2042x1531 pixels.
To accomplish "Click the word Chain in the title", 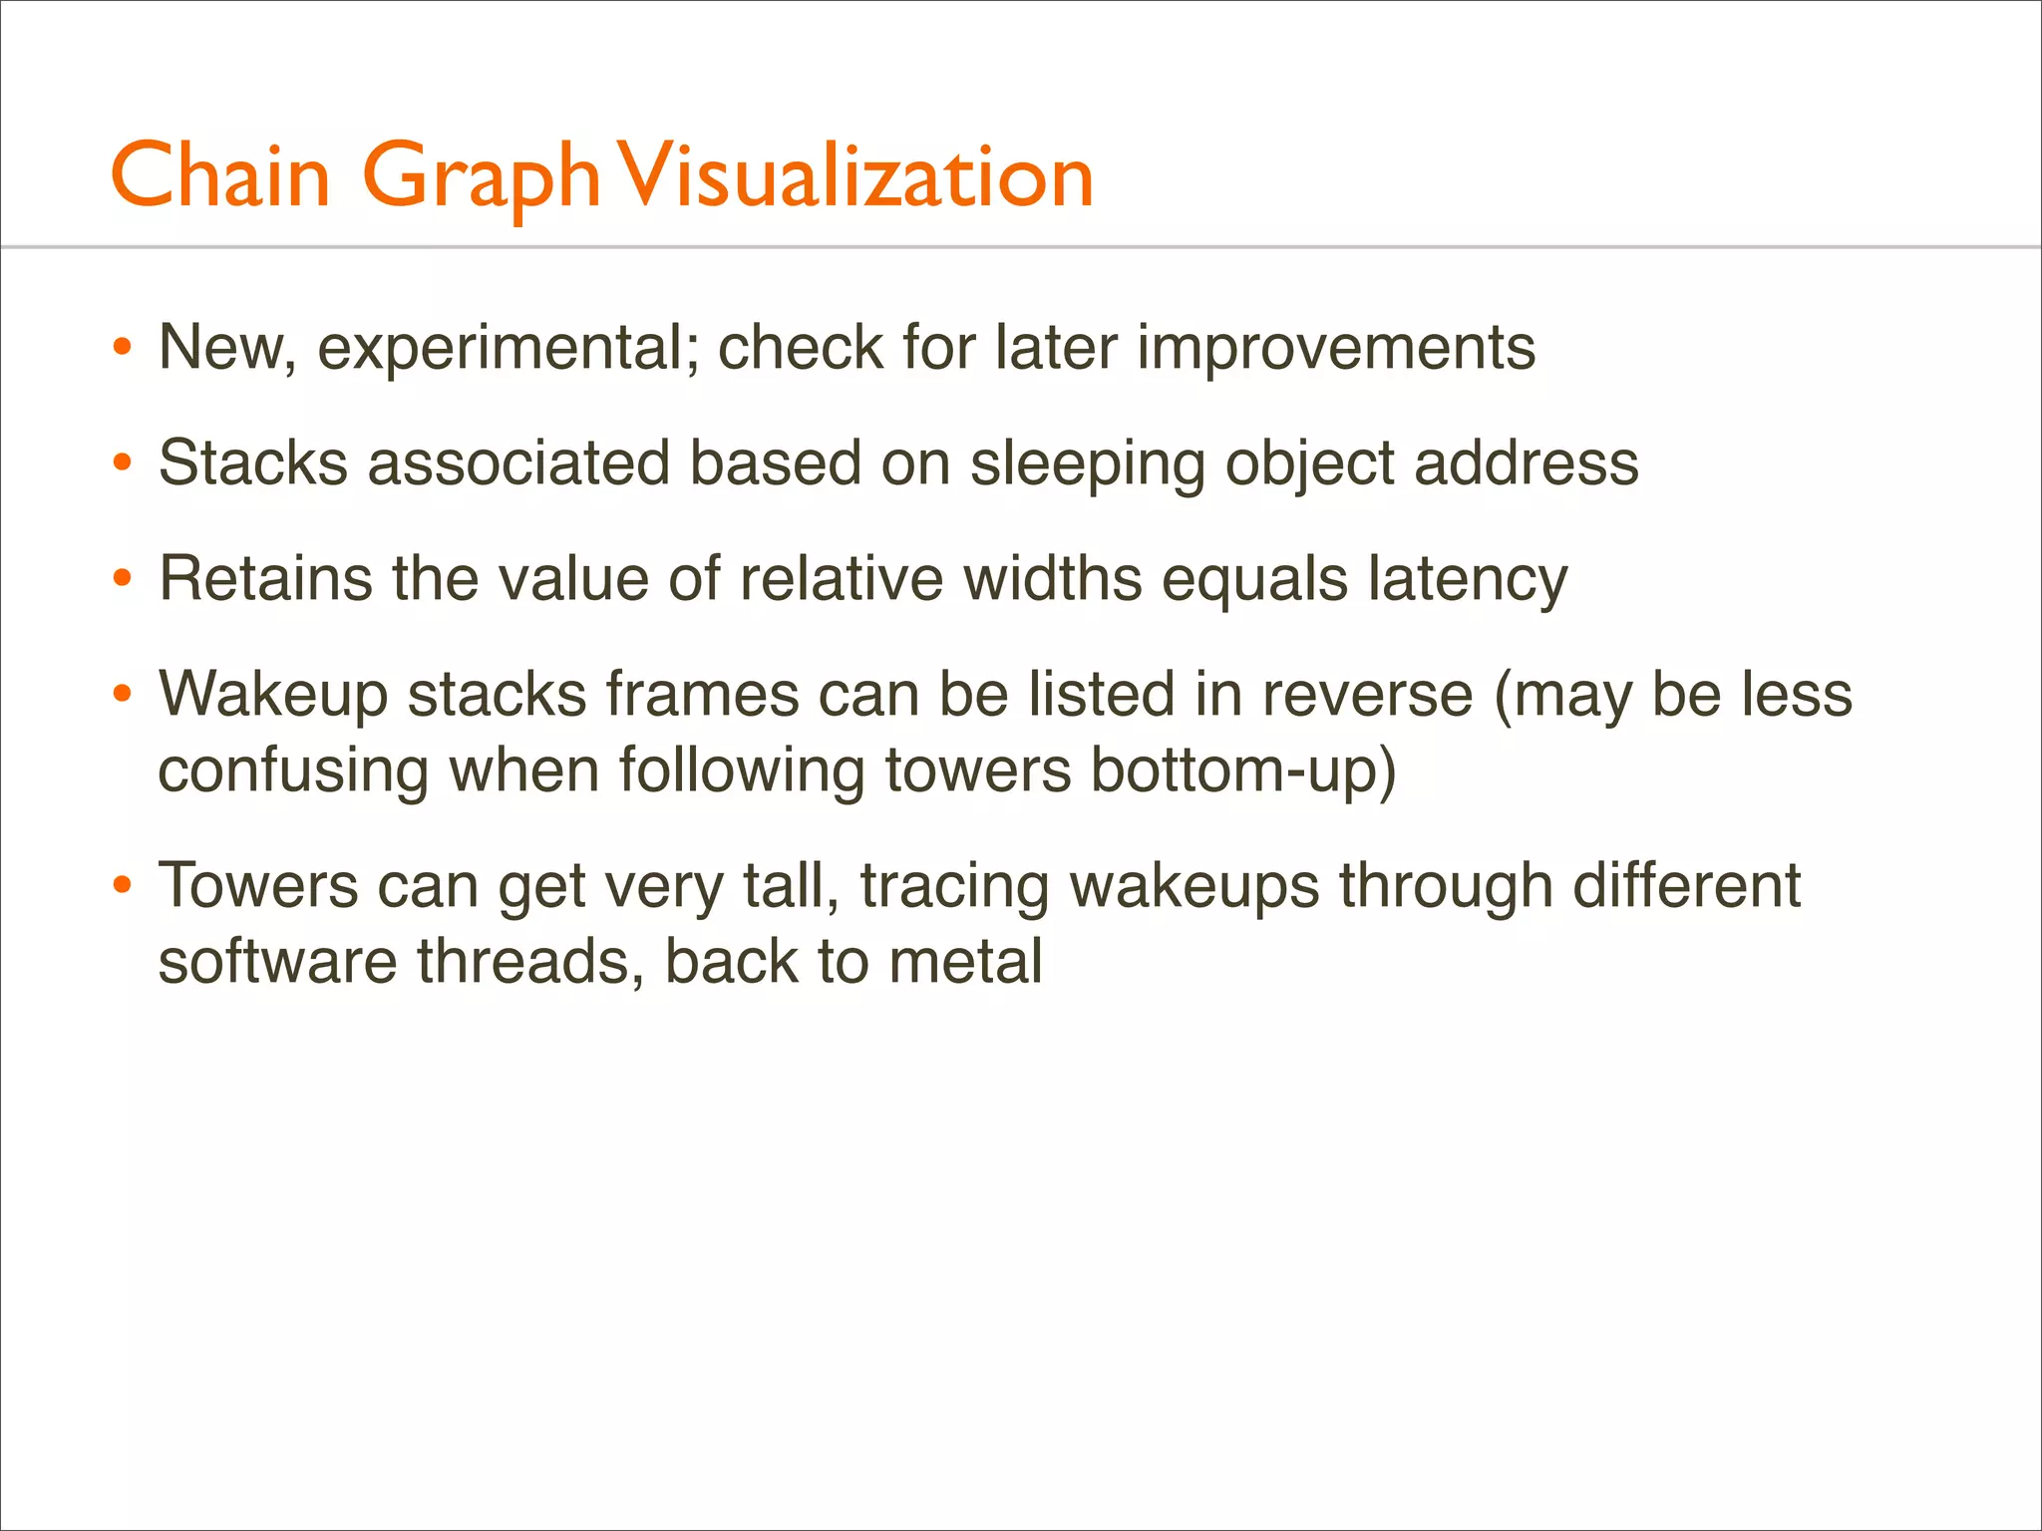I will pos(220,175).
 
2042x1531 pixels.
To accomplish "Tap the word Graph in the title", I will pos(482,177).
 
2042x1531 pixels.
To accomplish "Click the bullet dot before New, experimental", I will pos(123,348).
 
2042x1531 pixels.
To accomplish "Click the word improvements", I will pos(1335,348).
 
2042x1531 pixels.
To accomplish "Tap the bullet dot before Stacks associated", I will pos(123,463).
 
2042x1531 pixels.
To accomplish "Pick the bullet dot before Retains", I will pos(123,579).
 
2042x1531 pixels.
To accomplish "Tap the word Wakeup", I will pos(272,695).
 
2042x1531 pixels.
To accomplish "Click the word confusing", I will pos(293,771).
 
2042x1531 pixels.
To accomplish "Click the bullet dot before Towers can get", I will pos(123,886).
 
